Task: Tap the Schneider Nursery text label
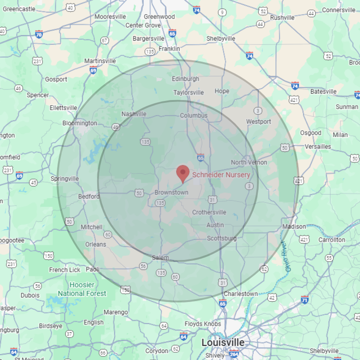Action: pyautogui.click(x=221, y=175)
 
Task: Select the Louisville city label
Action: pyautogui.click(x=223, y=342)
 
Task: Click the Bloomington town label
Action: pyautogui.click(x=79, y=123)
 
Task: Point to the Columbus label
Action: pyautogui.click(x=193, y=116)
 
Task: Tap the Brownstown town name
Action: pyautogui.click(x=171, y=192)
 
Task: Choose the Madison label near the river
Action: pyautogui.click(x=294, y=227)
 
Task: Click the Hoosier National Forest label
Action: pyautogui.click(x=82, y=290)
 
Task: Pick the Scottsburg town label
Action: pyautogui.click(x=222, y=238)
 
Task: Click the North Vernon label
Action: pyautogui.click(x=249, y=162)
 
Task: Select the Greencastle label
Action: pyautogui.click(x=19, y=9)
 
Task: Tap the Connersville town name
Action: pyautogui.click(x=339, y=10)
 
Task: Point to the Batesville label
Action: pyautogui.click(x=323, y=91)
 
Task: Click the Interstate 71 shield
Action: pyautogui.click(x=305, y=300)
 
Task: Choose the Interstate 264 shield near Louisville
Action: pyautogui.click(x=234, y=354)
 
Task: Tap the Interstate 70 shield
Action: pyautogui.click(x=39, y=34)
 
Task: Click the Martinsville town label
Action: pyautogui.click(x=100, y=61)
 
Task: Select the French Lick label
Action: pyautogui.click(x=65, y=270)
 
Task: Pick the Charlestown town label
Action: pyautogui.click(x=240, y=294)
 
